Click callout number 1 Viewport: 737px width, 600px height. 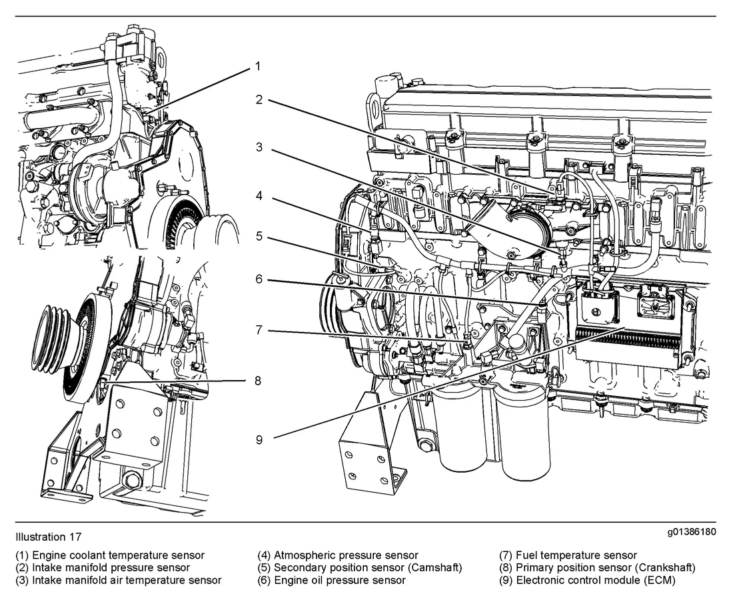257,66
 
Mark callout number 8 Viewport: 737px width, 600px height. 257,381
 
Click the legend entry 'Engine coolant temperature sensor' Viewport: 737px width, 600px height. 110,555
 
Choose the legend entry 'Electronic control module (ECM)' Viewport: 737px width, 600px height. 587,580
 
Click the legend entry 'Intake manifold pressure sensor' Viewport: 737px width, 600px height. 103,567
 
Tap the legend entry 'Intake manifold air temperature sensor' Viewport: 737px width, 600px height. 118,580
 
